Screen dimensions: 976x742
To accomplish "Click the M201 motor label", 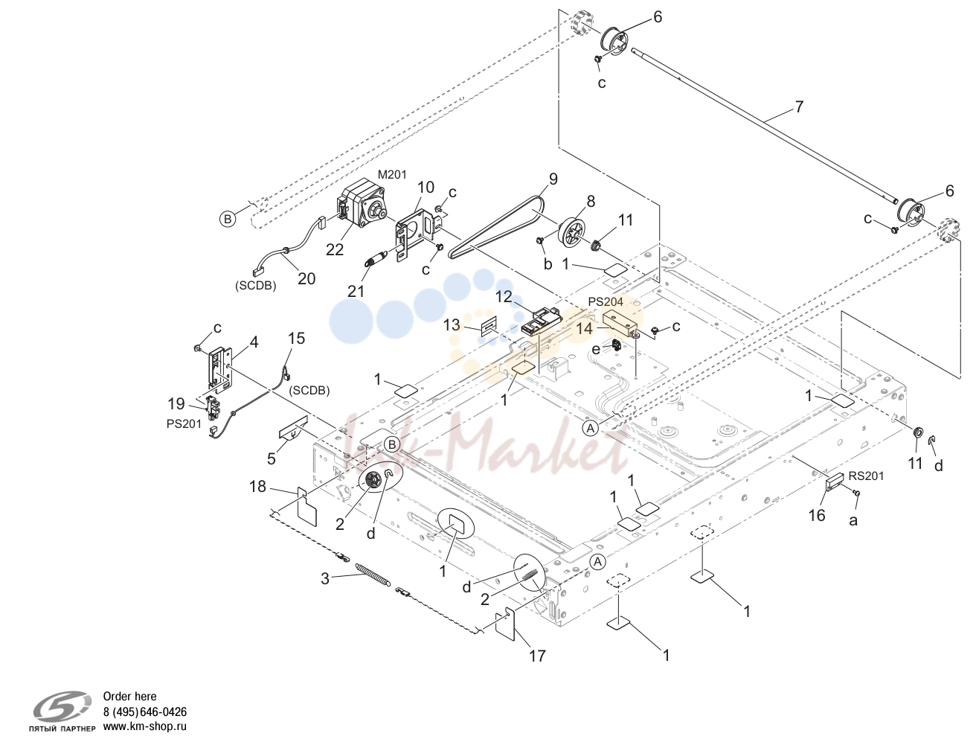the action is pos(392,175).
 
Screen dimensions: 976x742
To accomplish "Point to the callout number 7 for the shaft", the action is pos(799,106).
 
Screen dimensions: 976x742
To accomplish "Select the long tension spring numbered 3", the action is pos(373,575).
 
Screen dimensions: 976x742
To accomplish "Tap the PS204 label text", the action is pos(606,301).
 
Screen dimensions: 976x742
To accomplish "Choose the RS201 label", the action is pos(866,476).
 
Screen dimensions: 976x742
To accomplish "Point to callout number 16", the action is pos(818,515).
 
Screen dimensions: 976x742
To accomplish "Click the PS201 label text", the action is pos(184,424).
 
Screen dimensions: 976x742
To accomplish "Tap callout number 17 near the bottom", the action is pos(537,656).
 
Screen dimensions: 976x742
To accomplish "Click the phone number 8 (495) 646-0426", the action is pos(145,712).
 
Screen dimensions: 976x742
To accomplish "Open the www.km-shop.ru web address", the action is pos(145,727).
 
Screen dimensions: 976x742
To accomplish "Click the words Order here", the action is pos(130,697).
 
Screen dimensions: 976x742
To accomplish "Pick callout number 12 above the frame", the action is pos(504,297).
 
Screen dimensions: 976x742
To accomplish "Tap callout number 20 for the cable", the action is pos(306,278).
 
